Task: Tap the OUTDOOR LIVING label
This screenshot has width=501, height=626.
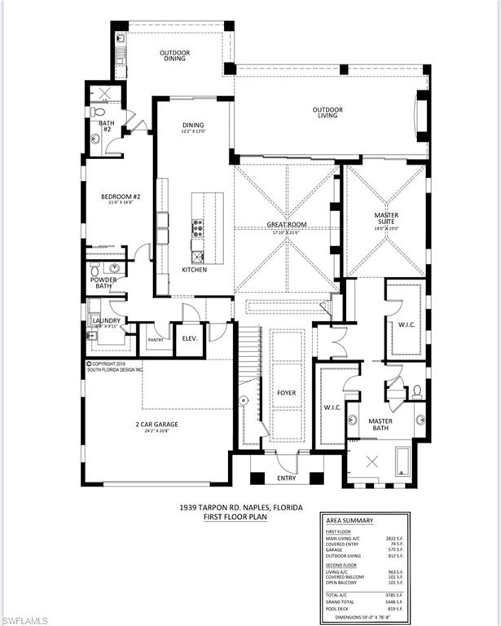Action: [x=327, y=112]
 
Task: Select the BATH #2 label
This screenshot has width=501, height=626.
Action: [x=106, y=126]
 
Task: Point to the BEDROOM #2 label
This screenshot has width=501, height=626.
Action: [x=121, y=197]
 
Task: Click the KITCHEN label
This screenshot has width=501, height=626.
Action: [x=194, y=270]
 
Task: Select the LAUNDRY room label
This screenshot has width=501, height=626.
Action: [x=106, y=320]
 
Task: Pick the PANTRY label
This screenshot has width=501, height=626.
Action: [x=156, y=340]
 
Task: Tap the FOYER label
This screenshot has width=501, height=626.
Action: [x=286, y=393]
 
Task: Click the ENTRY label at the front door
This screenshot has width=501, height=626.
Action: [x=286, y=478]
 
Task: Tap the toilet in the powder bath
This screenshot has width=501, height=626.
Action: [x=94, y=268]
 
